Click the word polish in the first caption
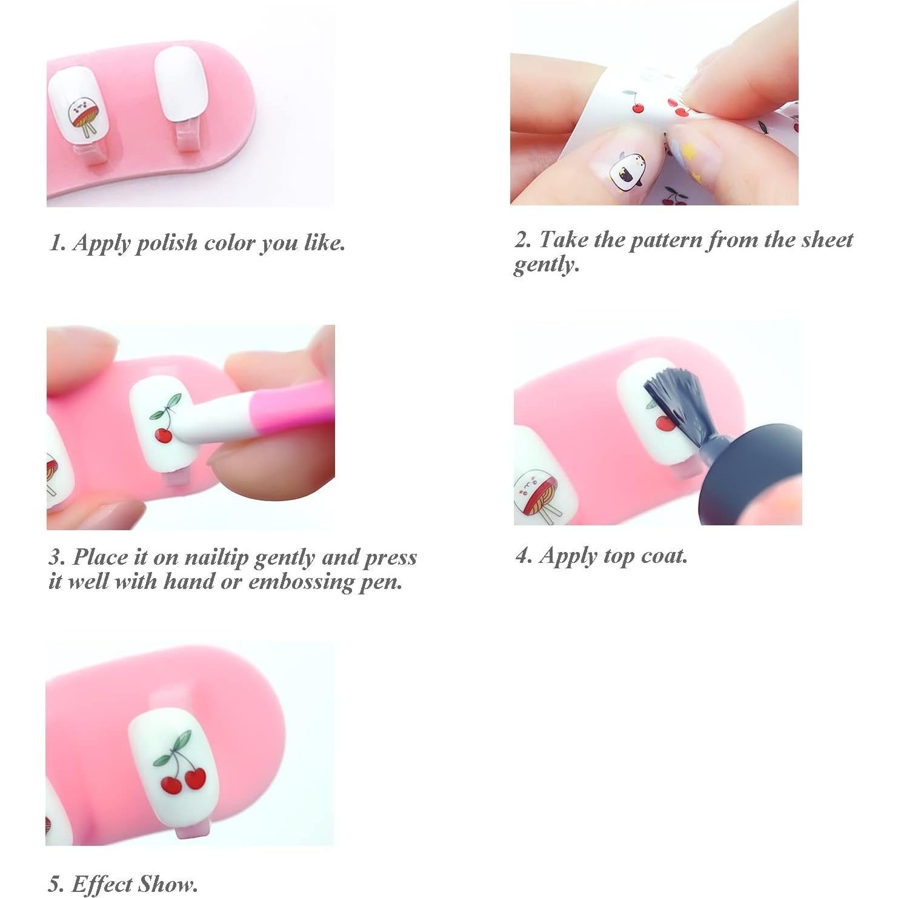pos(166,243)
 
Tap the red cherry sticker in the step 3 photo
pos(162,434)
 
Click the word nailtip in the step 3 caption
pos(216,557)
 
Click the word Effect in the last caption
pos(101,885)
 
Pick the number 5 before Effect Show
pos(55,885)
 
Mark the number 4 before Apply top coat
pos(522,556)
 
